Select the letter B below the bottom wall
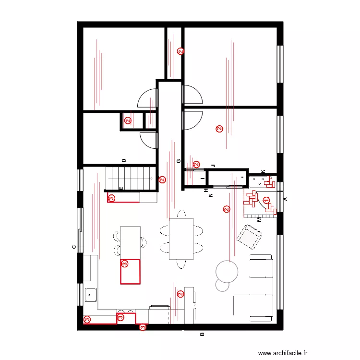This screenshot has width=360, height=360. [x=202, y=335]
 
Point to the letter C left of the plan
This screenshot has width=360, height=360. [x=73, y=247]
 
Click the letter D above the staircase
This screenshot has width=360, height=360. [x=123, y=161]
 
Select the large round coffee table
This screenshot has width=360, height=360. [x=227, y=271]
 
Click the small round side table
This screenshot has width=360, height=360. [x=222, y=285]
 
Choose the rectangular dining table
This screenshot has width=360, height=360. [x=181, y=239]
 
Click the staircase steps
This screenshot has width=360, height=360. [x=131, y=178]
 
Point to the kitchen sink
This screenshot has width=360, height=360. [x=91, y=294]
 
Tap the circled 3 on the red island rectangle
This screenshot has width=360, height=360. [x=125, y=263]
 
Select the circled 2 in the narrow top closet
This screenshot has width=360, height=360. [x=180, y=51]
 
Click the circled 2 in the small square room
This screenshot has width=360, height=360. [x=128, y=121]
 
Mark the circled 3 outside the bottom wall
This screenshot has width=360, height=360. [x=143, y=327]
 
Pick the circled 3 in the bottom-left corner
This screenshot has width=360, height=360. [x=87, y=319]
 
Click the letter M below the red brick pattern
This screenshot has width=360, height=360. [x=259, y=219]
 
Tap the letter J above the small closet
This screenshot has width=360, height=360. [x=213, y=166]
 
